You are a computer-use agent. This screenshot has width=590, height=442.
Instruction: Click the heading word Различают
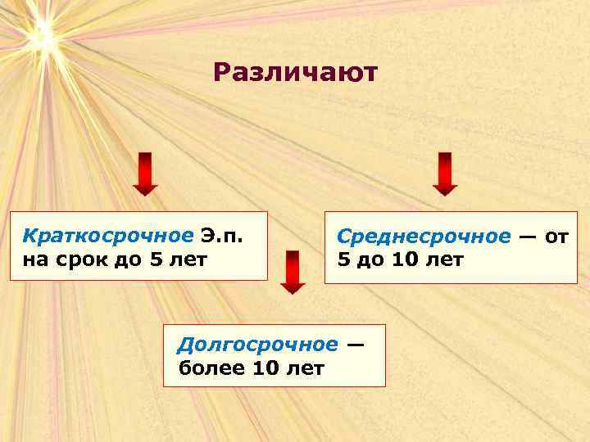tap(295, 73)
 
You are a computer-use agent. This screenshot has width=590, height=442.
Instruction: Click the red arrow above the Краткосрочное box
tap(145, 174)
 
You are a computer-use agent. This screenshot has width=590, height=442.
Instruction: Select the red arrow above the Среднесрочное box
tap(444, 174)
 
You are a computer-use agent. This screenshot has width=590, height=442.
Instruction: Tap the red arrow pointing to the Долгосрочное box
tap(293, 272)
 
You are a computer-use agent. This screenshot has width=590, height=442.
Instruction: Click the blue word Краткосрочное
tap(107, 237)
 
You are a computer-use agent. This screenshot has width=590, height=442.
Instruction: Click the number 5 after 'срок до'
tap(156, 260)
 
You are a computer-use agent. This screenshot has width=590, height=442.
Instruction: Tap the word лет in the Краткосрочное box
tap(188, 260)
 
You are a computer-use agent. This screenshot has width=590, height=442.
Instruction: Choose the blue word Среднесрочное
tap(424, 237)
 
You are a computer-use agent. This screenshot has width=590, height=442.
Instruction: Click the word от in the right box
tap(556, 237)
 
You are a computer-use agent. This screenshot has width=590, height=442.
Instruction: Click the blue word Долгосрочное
tap(257, 344)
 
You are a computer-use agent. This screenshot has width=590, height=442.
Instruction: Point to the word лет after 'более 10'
tap(306, 368)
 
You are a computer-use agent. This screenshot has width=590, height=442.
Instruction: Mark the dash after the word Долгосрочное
tap(354, 345)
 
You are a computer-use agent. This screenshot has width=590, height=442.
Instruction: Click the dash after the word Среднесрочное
tap(527, 237)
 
